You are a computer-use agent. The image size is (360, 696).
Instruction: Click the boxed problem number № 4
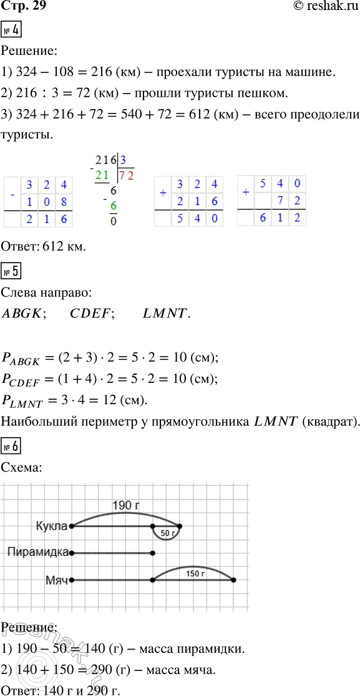12,29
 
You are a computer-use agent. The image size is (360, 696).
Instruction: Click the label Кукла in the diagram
52,526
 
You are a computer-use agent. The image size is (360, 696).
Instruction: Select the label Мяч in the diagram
56,579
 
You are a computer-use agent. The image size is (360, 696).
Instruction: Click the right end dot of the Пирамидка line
153,553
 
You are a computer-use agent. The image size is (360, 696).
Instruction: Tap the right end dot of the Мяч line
233,580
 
